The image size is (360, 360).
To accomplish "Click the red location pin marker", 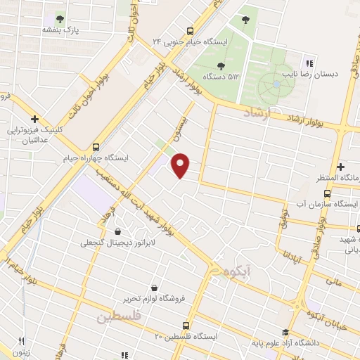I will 181,165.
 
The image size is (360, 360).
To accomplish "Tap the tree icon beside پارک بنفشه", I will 60,19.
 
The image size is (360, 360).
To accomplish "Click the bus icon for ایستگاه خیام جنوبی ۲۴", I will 189,31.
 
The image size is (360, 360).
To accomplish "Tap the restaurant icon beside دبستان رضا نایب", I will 309,63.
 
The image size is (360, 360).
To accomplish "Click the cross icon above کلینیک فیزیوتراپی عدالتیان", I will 34,119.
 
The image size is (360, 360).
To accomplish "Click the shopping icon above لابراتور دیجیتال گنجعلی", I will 117,231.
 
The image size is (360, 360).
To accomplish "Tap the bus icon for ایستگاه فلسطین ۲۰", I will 186,326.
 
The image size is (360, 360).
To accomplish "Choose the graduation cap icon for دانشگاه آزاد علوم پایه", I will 285,333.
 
